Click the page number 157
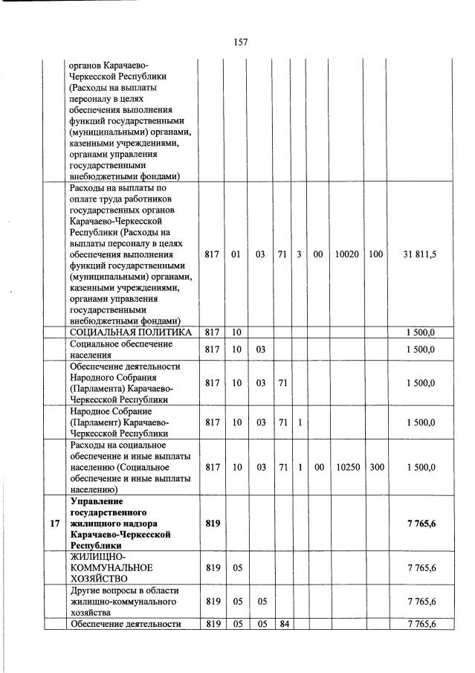point(240,42)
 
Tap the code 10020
point(346,254)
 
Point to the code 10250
point(346,468)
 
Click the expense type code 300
point(376,468)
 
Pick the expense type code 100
point(376,254)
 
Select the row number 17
point(54,524)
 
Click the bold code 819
point(212,524)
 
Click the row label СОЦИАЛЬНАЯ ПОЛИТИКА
point(131,332)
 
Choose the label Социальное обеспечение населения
point(121,350)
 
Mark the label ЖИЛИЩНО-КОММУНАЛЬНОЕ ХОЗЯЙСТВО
point(111,567)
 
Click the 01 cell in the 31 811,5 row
point(236,254)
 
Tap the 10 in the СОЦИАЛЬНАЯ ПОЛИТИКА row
point(236,332)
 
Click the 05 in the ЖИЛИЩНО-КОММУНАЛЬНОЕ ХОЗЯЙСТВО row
point(236,567)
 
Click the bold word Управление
point(95,501)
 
